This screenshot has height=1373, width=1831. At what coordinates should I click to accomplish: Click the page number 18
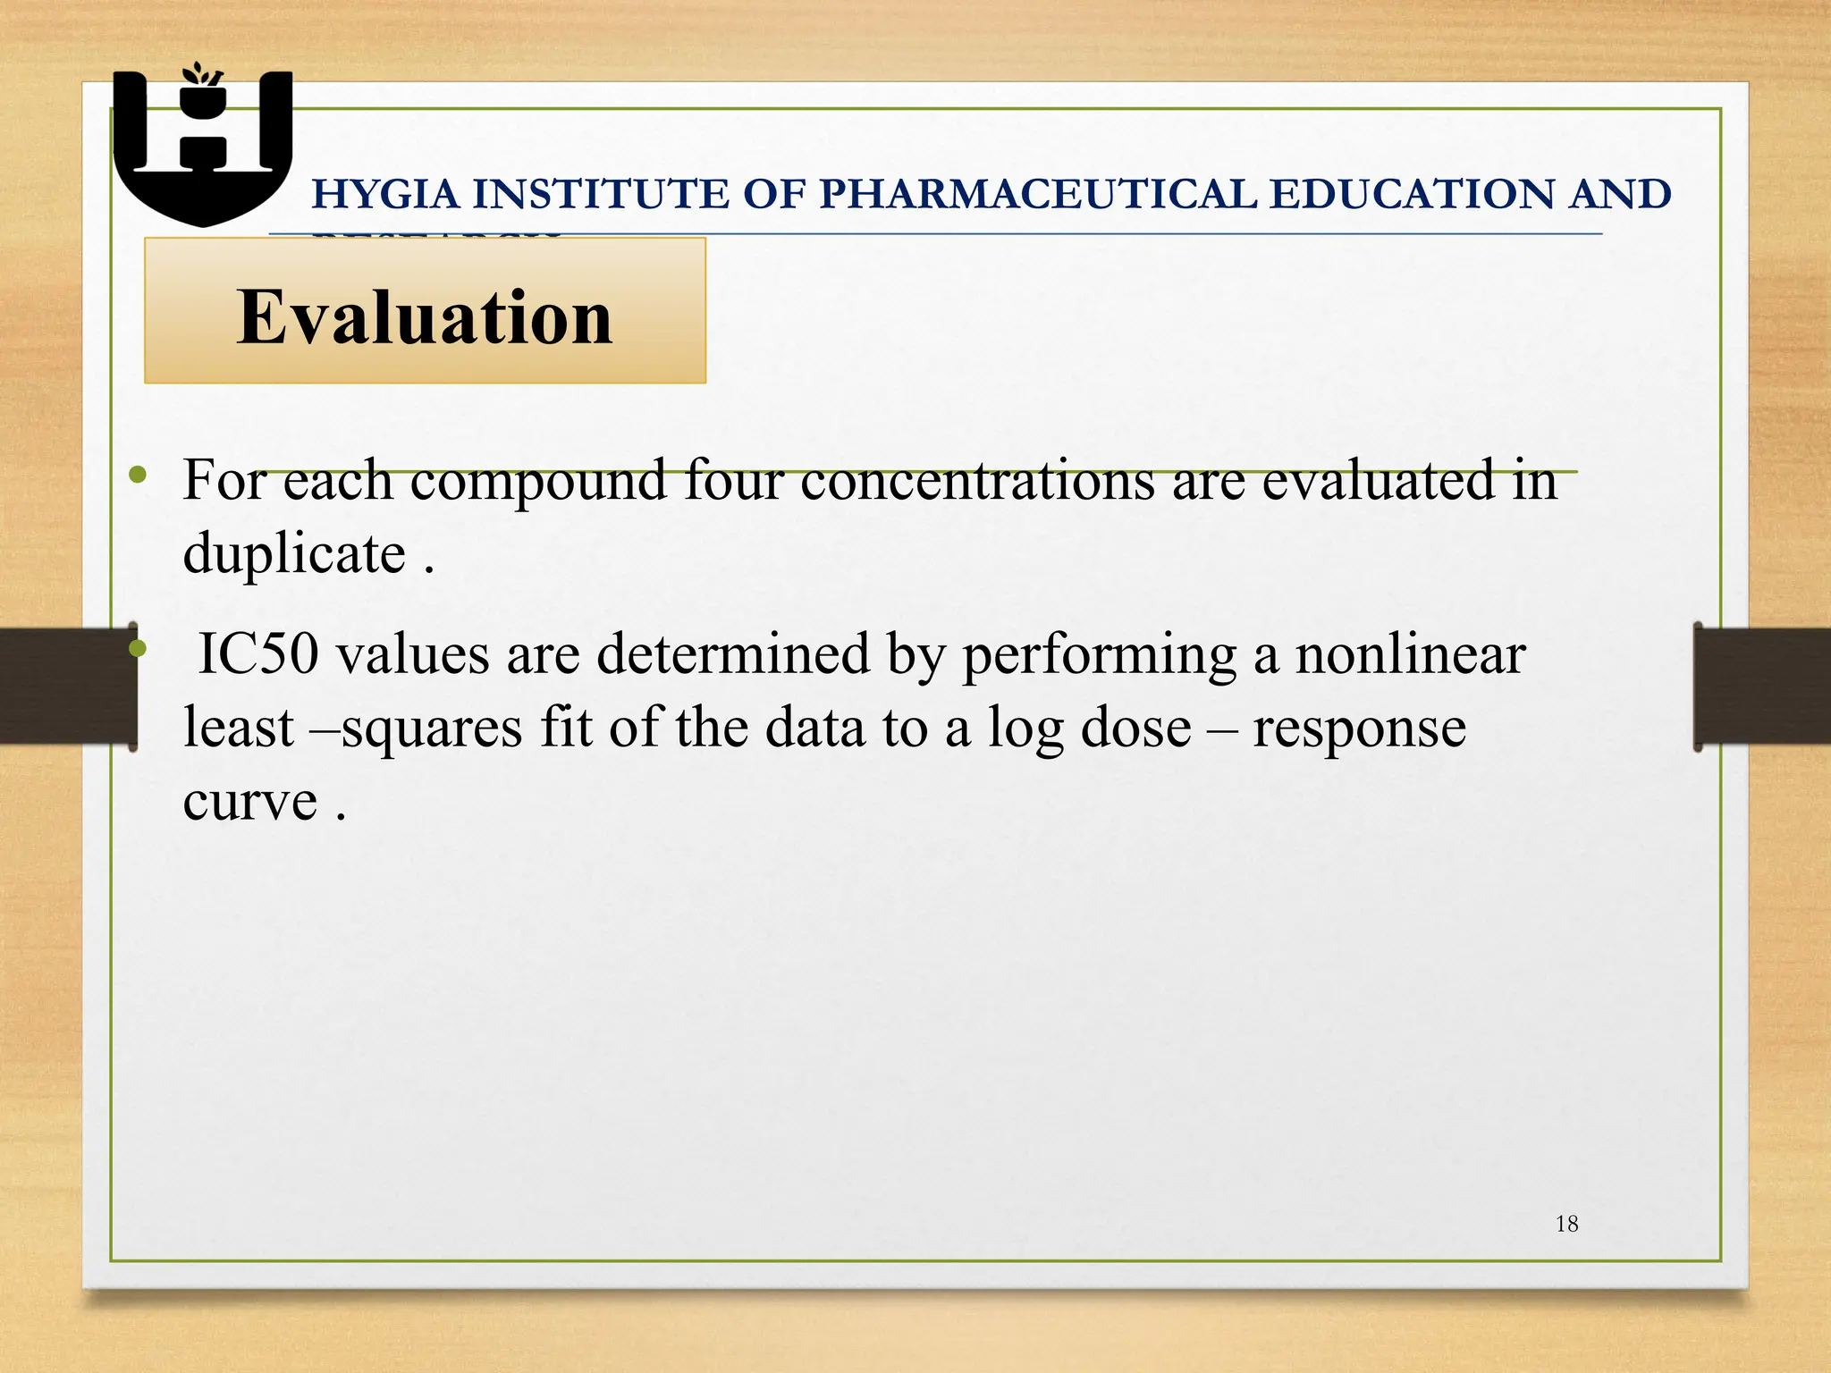[x=1566, y=1225]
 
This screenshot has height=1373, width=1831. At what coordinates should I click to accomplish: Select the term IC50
[x=257, y=653]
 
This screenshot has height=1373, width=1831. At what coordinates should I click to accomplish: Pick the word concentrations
[x=977, y=481]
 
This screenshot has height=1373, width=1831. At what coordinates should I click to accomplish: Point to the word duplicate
[x=294, y=553]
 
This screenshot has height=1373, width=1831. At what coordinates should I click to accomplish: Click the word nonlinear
[x=1410, y=653]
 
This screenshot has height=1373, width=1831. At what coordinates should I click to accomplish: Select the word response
[x=1359, y=728]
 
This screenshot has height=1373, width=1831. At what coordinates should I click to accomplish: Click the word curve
[x=249, y=800]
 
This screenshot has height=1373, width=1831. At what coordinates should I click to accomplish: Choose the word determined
[x=733, y=653]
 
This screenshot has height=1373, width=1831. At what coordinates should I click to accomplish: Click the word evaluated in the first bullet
[x=1378, y=481]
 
